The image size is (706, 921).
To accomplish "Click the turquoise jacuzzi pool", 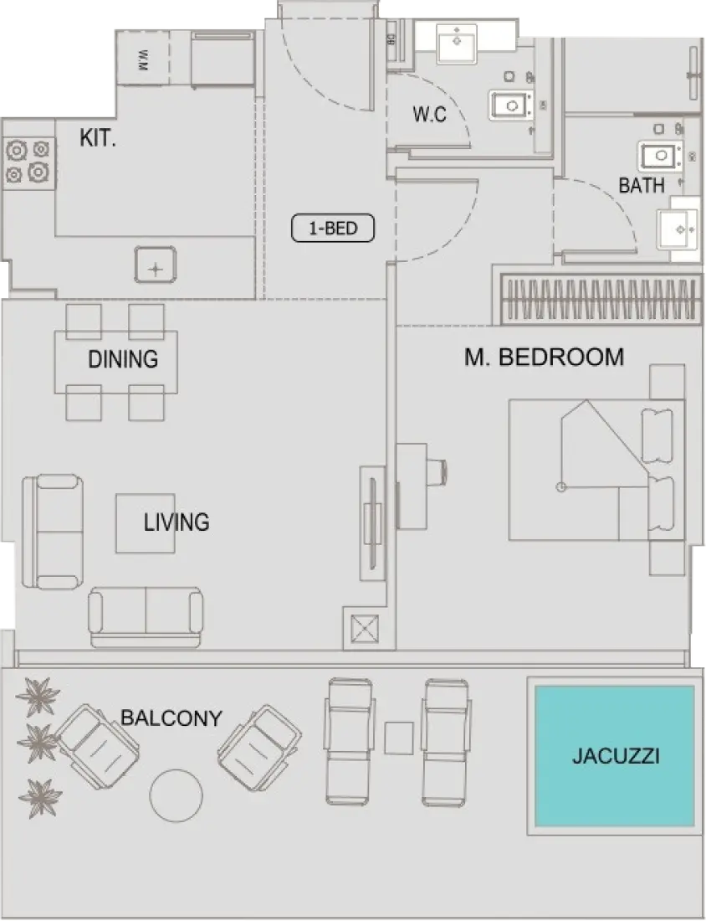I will coord(614,756).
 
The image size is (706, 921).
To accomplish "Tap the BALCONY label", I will coord(171,718).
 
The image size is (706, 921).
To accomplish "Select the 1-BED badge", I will coord(333,228).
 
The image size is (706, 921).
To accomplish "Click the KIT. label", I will coord(98,138).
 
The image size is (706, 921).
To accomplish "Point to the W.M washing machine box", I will coord(142,59).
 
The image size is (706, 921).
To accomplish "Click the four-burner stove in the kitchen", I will coord(28,161).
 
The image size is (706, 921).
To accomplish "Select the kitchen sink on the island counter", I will coord(156,265).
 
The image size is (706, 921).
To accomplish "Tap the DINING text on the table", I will coord(123,359).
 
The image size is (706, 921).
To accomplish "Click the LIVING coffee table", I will coord(146,523).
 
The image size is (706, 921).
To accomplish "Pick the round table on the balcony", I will coord(176,795).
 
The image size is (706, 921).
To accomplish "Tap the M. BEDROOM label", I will coord(544,358).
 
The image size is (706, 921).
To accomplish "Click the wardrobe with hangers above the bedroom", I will coord(599,298).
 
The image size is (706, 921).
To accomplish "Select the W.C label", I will coord(429,116).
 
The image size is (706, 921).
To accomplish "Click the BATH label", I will coord(642,185).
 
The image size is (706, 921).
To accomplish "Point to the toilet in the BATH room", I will coord(661,155).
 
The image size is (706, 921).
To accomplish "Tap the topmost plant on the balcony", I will coord(38,697).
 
